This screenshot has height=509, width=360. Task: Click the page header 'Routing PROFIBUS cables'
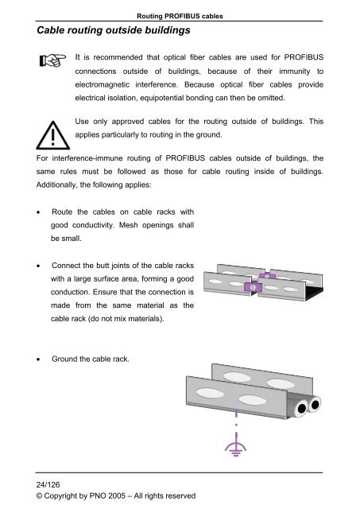pyautogui.click(x=179, y=8)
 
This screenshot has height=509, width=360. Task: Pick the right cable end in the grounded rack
pyautogui.click(x=315, y=405)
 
